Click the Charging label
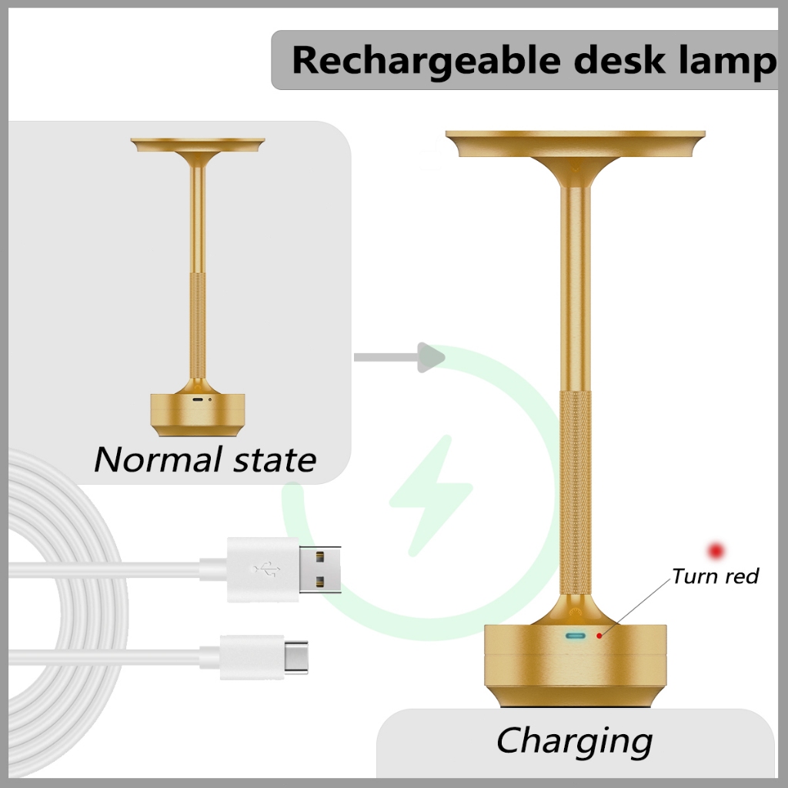tap(574, 741)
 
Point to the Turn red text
tap(716, 576)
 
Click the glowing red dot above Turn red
tap(717, 550)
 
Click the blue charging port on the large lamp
tap(575, 636)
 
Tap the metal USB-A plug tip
tap(321, 569)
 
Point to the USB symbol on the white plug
tap(264, 569)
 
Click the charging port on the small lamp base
tap(198, 400)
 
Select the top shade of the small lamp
tap(198, 144)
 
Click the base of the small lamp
tap(198, 412)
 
